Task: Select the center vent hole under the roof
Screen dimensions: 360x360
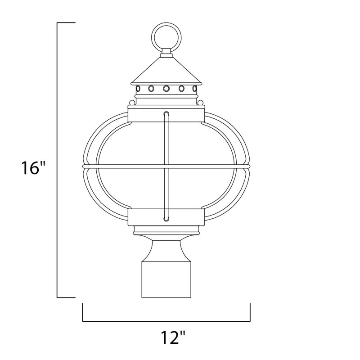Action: point(166,88)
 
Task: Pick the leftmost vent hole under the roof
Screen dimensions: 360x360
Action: point(138,88)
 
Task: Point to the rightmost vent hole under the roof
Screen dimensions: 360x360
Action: point(194,88)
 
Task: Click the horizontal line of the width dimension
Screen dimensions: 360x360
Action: point(166,321)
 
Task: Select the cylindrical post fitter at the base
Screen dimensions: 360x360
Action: point(166,279)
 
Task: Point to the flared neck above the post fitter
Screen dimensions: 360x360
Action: point(166,247)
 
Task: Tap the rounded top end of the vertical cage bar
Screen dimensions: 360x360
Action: point(166,114)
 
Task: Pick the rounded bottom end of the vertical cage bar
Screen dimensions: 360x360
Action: point(166,219)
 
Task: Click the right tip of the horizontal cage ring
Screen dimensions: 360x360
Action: point(249,167)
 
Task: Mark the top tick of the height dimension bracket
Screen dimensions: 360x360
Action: point(66,22)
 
